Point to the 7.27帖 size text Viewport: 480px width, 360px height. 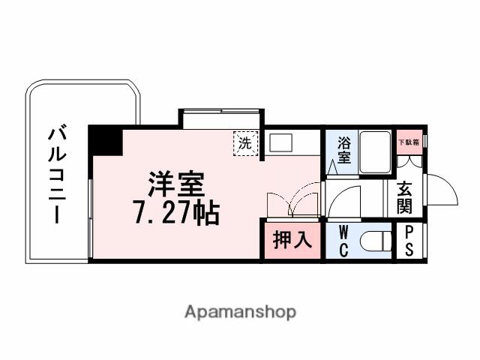pyautogui.click(x=176, y=213)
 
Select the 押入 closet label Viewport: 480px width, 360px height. pyautogui.click(x=291, y=241)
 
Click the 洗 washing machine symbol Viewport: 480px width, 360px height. pyautogui.click(x=245, y=143)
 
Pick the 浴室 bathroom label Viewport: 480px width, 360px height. pyautogui.click(x=344, y=150)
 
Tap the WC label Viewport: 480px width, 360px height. pyautogui.click(x=343, y=241)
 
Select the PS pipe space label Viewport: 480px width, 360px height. pyautogui.click(x=409, y=241)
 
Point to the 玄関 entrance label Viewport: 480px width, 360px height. pyautogui.click(x=404, y=196)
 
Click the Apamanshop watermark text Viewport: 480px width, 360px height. pyautogui.click(x=240, y=310)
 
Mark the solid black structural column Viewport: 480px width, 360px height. pyautogui.click(x=105, y=141)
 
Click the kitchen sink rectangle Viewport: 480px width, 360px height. pyautogui.click(x=283, y=142)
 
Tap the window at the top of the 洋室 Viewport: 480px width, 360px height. pyautogui.click(x=221, y=113)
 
